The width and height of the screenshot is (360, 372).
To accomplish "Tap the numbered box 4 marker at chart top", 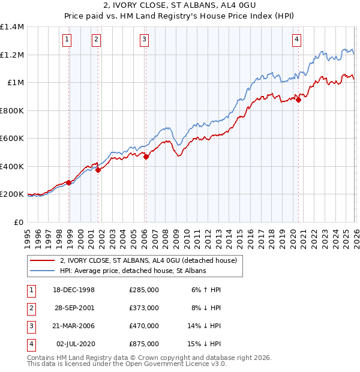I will [x=296, y=40].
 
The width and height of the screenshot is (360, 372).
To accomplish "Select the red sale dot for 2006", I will [x=146, y=157].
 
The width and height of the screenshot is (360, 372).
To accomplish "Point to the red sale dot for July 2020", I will [x=298, y=100].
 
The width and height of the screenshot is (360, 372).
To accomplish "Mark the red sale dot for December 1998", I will [x=69, y=182].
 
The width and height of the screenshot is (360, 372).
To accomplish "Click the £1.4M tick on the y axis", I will [x=12, y=27].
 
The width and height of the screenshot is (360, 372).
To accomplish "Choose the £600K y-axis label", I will [x=12, y=139].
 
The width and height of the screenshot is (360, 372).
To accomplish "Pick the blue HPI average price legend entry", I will [x=133, y=271].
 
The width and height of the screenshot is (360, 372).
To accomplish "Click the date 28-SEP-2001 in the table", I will [x=74, y=307].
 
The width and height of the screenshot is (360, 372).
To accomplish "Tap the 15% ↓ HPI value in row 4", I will [x=203, y=344].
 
